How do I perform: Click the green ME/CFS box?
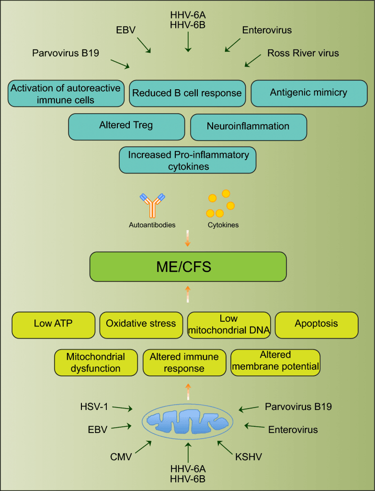[188, 267]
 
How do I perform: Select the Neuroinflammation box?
[248, 127]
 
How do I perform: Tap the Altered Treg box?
[126, 126]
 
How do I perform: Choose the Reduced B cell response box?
[187, 93]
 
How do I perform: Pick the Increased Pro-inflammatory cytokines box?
[188, 161]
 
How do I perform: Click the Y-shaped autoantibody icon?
[152, 205]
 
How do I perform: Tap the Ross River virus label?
[303, 53]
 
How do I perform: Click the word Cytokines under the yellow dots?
[223, 224]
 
